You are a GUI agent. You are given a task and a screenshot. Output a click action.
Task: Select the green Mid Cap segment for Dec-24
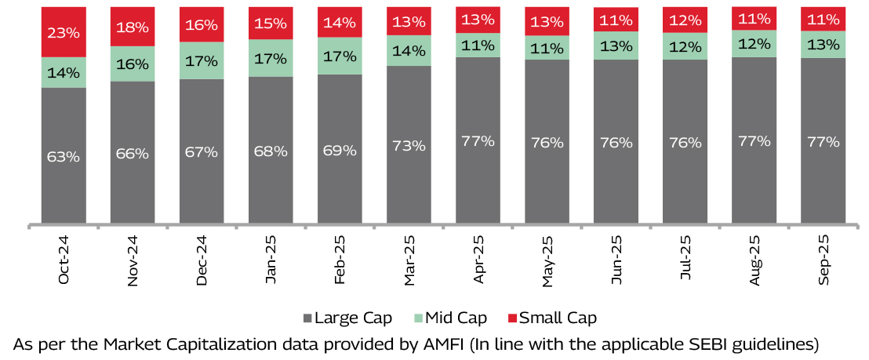click(x=202, y=60)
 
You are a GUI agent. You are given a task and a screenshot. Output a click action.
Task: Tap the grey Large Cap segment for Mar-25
click(x=409, y=180)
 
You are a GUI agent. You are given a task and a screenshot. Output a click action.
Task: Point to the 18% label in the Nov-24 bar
click(x=133, y=27)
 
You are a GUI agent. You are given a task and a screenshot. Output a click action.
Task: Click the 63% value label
click(x=64, y=156)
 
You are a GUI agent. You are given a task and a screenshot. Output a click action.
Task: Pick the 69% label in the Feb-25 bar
click(x=340, y=149)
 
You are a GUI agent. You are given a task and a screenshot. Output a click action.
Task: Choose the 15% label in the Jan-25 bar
click(x=271, y=24)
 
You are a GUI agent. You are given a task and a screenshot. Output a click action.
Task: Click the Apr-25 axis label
click(x=478, y=259)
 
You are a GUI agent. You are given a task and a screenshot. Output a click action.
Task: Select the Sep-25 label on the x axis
click(x=824, y=259)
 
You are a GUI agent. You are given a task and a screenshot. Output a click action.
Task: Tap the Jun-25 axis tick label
click(x=616, y=259)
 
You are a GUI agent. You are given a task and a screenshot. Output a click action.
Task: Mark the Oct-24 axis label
click(x=64, y=259)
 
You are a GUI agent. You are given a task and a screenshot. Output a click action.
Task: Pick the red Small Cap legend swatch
click(x=513, y=318)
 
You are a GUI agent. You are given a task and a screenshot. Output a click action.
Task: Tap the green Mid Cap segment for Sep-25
click(x=823, y=44)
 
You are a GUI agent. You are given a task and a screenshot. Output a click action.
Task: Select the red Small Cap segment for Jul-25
click(x=685, y=19)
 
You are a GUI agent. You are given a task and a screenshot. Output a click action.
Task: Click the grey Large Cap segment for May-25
click(x=547, y=180)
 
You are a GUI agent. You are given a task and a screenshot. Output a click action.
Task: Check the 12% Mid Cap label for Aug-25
click(x=754, y=43)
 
